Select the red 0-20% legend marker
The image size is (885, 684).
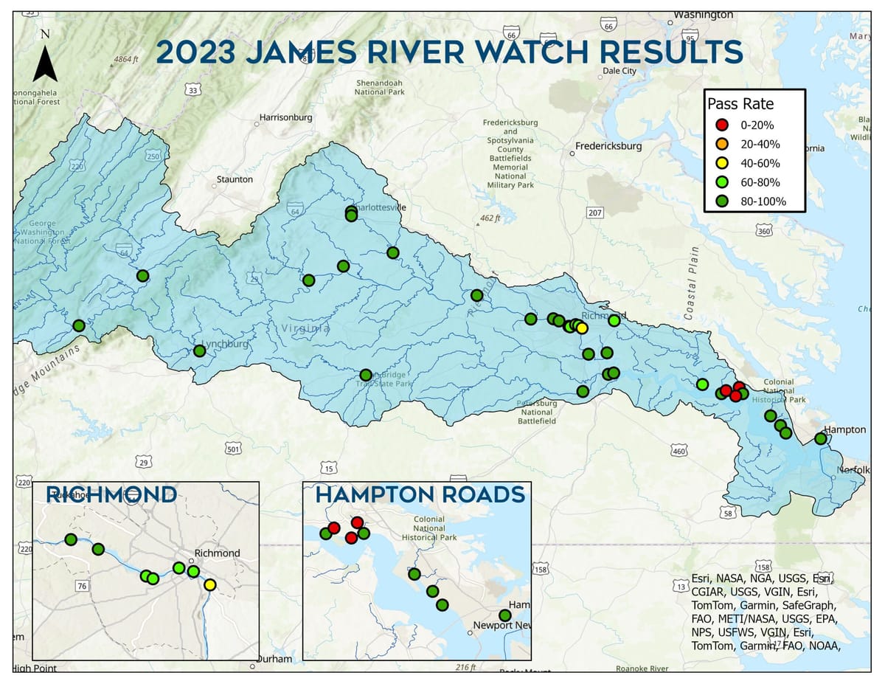pos(723,125)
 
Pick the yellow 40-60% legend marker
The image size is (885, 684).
pos(723,163)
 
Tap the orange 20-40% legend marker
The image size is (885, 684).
pos(723,144)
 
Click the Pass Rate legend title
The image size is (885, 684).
pos(740,104)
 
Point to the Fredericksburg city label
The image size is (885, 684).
pos(608,146)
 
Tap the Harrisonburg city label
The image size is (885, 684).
pos(285,117)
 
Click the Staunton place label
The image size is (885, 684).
pos(235,179)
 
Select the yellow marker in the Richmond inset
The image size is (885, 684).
pos(210,584)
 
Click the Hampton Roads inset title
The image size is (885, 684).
pos(420,495)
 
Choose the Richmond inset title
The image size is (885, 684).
pos(111,494)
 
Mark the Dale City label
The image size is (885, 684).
pos(619,71)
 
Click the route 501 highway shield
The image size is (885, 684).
pos(233,449)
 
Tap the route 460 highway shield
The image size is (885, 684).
pos(678,451)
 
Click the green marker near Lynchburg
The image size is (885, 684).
pos(199,350)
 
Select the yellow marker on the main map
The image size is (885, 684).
pos(582,328)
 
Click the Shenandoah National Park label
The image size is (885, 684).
pos(380,87)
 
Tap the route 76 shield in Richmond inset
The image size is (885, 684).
pos(82,586)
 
